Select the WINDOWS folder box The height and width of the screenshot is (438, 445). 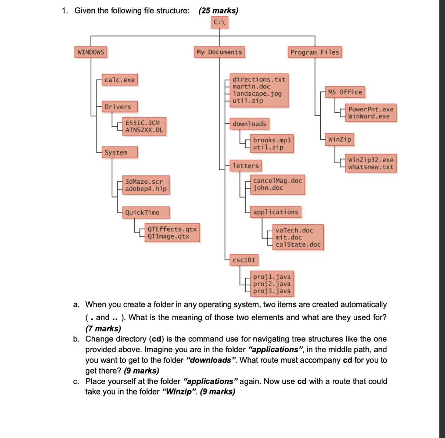(91, 52)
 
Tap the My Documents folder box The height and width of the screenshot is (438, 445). (219, 52)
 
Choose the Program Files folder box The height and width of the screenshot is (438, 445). (315, 52)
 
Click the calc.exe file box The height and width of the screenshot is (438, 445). (120, 80)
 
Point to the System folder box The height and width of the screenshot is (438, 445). (116, 152)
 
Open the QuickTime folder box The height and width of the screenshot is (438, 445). (142, 212)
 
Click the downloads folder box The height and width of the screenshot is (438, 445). (249, 124)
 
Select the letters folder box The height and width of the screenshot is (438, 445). (246, 165)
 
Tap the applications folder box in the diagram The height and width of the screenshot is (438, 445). (276, 212)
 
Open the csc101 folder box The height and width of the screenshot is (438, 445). (244, 260)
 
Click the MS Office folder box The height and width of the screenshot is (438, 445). (345, 92)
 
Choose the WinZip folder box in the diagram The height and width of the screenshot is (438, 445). (340, 140)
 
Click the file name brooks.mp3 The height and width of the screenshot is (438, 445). (272, 141)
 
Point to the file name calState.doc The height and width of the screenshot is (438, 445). (298, 244)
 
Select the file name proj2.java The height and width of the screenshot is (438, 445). (272, 284)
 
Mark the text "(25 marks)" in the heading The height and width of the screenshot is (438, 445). (218, 10)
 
